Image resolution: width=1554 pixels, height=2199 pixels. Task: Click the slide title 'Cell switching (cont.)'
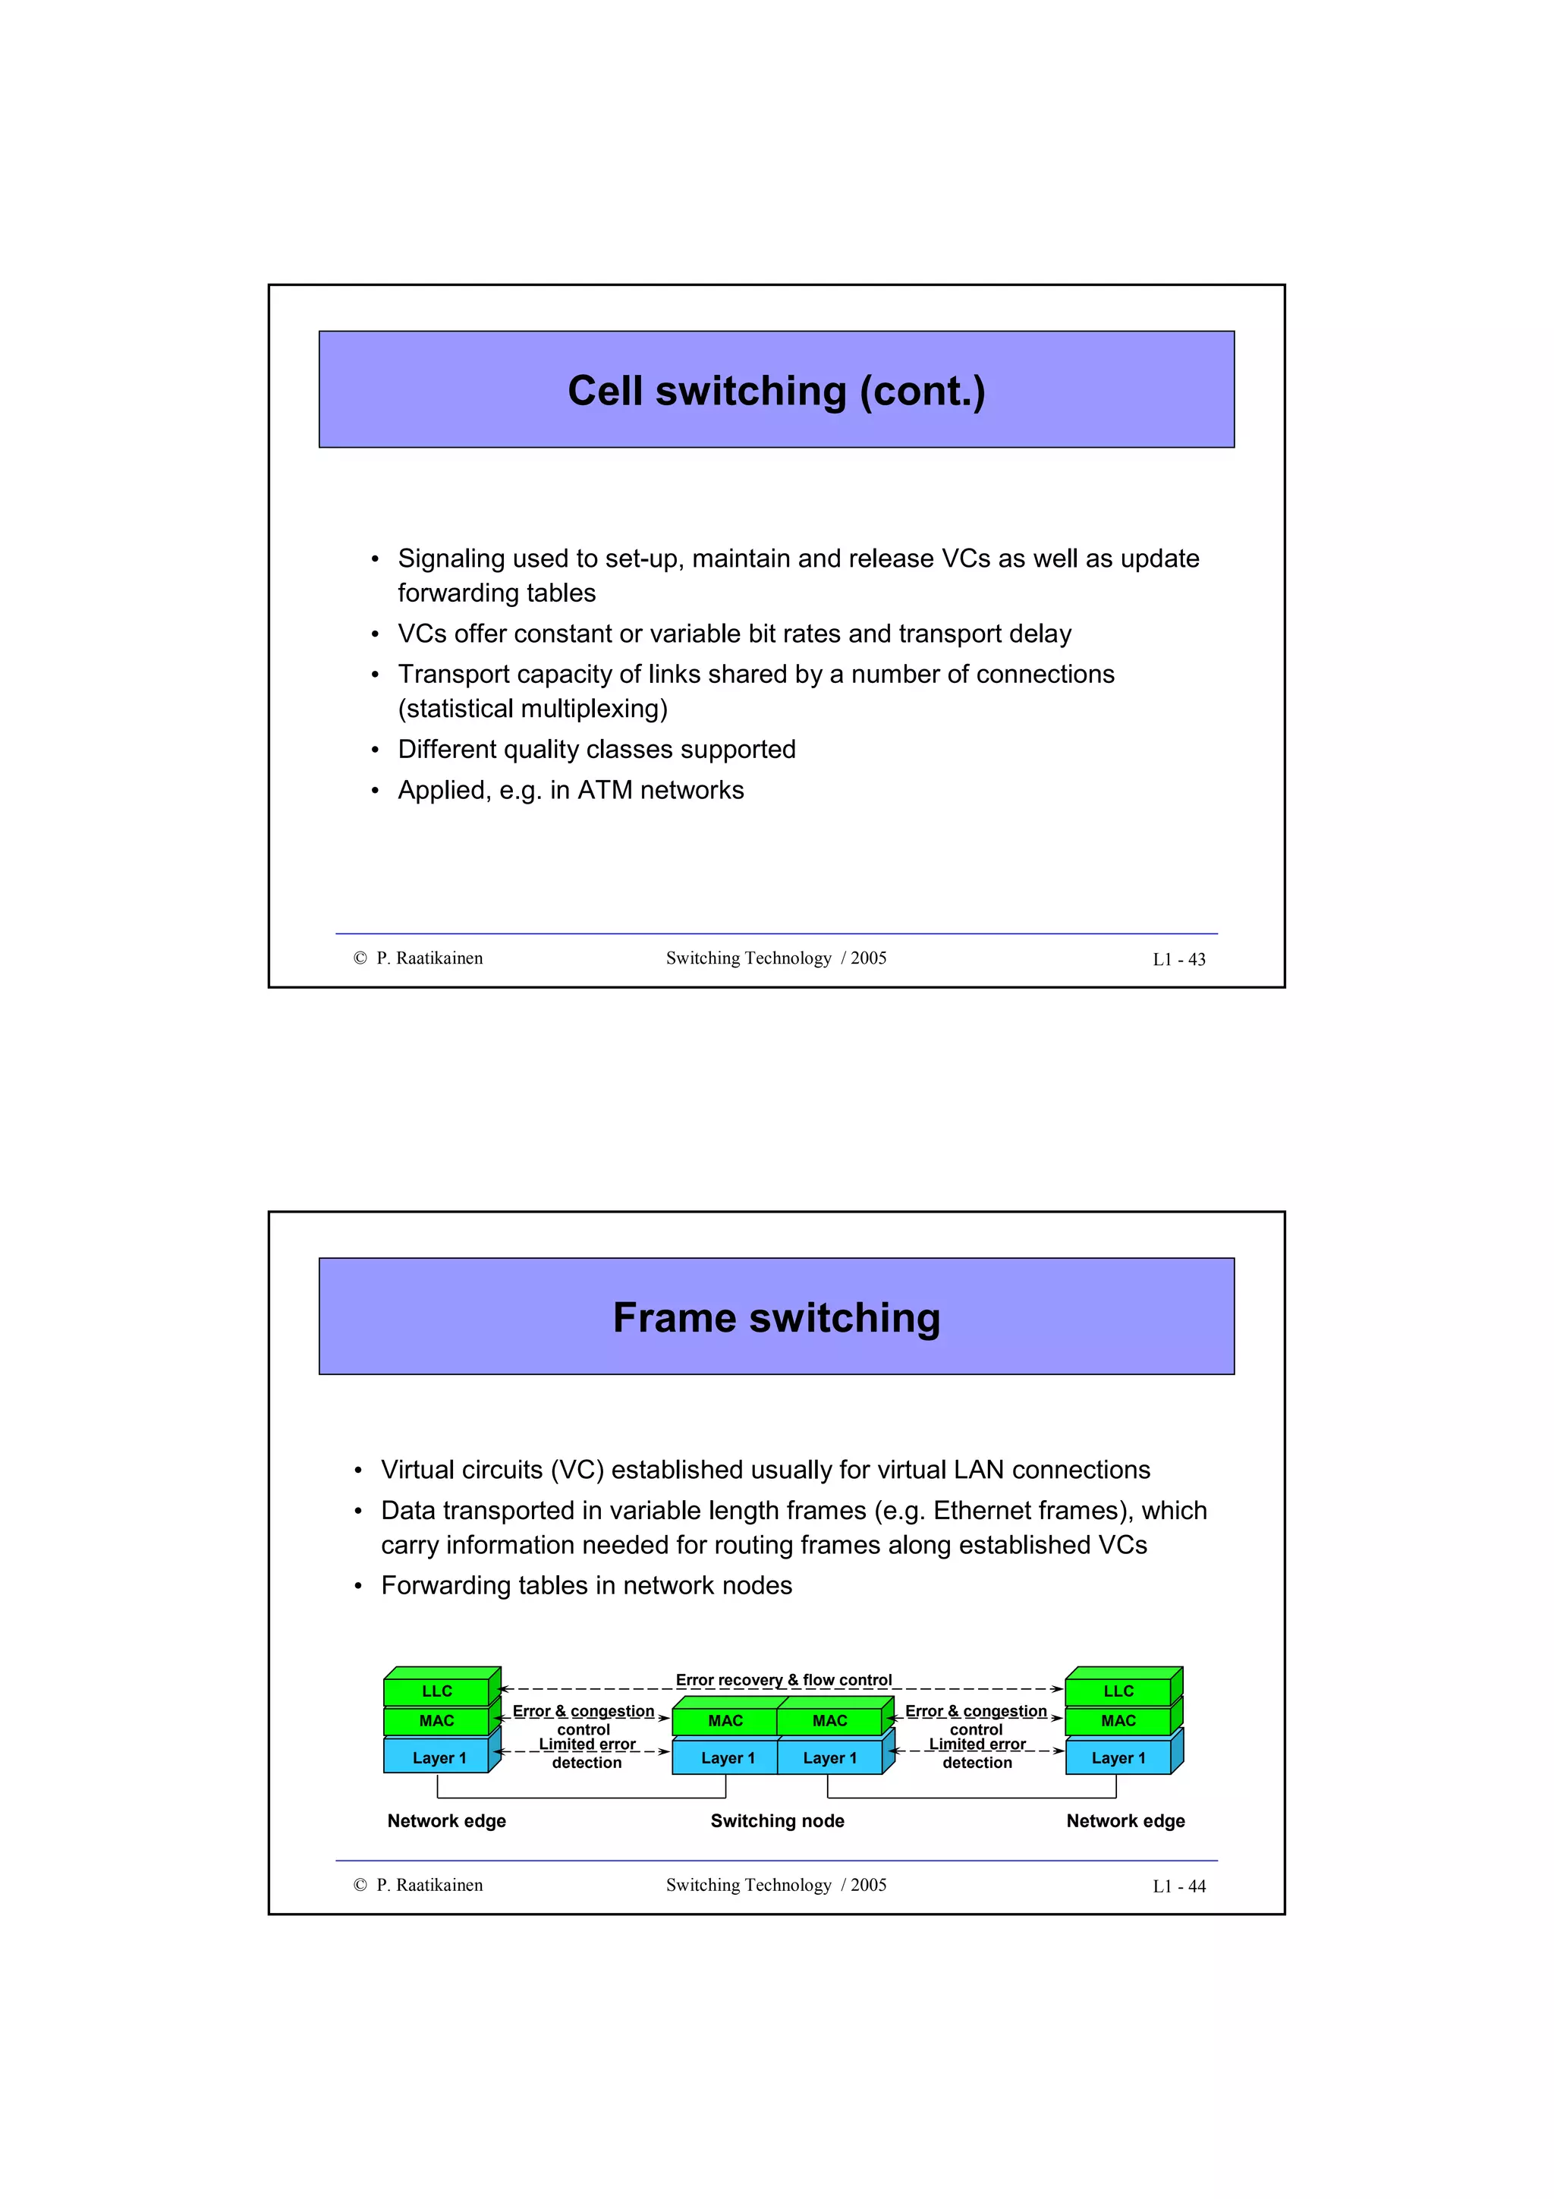point(775,391)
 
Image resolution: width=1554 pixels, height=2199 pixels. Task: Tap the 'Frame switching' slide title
point(775,1318)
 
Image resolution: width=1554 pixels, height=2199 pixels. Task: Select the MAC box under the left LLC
point(436,1721)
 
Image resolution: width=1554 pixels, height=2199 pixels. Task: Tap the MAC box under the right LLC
point(1118,1721)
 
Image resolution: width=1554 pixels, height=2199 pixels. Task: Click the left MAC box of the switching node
point(725,1721)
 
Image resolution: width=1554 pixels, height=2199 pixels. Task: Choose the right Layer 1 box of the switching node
point(829,1758)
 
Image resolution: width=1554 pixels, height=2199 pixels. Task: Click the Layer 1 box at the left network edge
point(438,1758)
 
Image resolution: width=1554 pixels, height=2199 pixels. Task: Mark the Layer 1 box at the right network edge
point(1118,1758)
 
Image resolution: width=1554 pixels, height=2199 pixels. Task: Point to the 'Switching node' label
point(776,1820)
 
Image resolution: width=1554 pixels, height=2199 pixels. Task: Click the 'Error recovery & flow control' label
point(783,1680)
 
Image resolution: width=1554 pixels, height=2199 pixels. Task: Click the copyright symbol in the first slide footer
point(360,958)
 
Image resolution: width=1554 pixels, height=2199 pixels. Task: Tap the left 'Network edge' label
point(446,1820)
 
